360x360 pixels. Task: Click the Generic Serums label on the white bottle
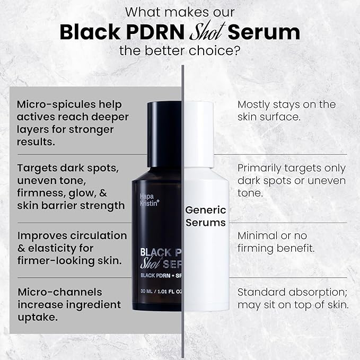(x=206, y=216)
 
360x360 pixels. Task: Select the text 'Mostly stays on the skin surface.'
(x=286, y=110)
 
